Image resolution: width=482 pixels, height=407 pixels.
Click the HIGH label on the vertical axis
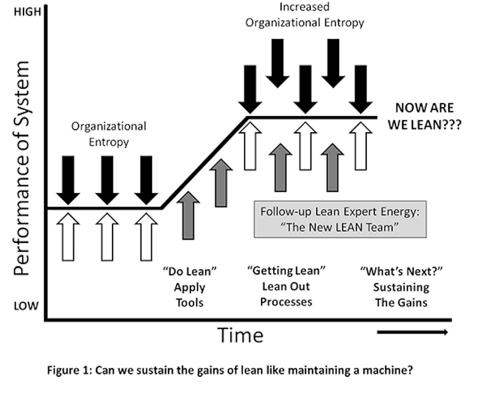tap(27, 12)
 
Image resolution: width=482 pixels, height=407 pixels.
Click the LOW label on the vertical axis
tap(26, 306)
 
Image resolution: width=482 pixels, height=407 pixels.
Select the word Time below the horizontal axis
tap(241, 335)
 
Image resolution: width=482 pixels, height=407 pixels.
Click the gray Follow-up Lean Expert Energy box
tap(340, 219)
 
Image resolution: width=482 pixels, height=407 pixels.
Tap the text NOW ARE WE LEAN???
tap(424, 116)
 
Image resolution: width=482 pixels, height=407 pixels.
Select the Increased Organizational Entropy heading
tap(304, 15)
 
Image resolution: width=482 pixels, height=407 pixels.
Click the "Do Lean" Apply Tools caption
tap(189, 287)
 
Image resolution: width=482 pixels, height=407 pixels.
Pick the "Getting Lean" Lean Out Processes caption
tap(286, 286)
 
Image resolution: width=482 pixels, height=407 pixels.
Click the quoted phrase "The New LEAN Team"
tap(340, 227)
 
